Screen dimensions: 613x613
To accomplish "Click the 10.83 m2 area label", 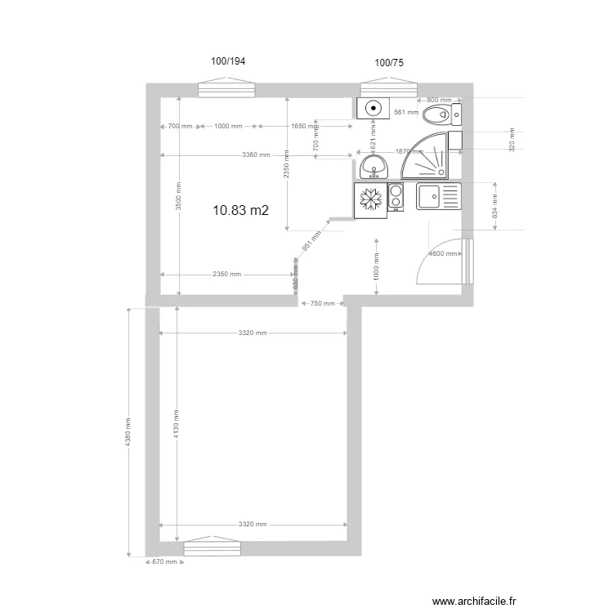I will pyautogui.click(x=240, y=211).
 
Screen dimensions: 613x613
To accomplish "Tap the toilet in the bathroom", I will pyautogui.click(x=443, y=114).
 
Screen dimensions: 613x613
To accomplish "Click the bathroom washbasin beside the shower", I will pyautogui.click(x=374, y=168).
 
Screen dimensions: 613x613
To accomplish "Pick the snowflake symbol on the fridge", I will pyautogui.click(x=370, y=200).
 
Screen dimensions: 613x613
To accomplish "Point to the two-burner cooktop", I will pyautogui.click(x=396, y=197).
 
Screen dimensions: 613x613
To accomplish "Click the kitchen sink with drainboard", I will pyautogui.click(x=439, y=196).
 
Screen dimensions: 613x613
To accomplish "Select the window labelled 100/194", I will pyautogui.click(x=229, y=88).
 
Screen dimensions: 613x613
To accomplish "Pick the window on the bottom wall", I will pyautogui.click(x=212, y=547).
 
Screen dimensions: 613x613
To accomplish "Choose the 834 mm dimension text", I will pyautogui.click(x=494, y=210).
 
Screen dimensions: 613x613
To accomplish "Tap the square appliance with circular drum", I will pyautogui.click(x=374, y=107).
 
